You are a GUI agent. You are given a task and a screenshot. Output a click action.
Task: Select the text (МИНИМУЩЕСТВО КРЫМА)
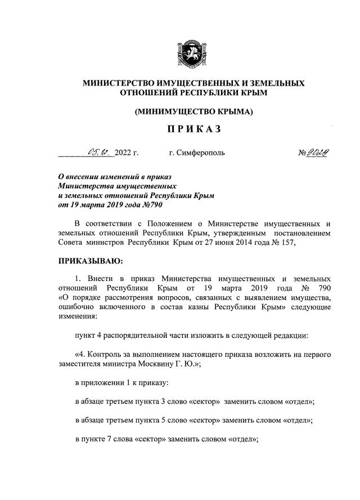coord(193,111)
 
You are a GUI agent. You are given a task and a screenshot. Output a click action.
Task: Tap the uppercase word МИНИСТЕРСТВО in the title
coord(118,83)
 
